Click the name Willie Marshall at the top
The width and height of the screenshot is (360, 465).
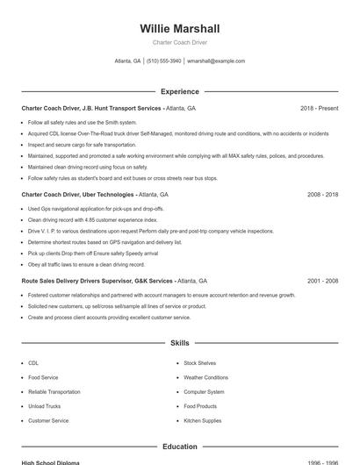[x=179, y=28]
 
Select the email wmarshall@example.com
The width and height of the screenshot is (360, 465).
[x=216, y=61]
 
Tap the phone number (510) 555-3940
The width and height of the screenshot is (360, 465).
[x=164, y=61]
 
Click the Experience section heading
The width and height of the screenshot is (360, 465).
[x=179, y=91]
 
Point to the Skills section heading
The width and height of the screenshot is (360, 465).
[x=179, y=343]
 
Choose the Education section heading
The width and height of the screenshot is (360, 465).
[x=179, y=447]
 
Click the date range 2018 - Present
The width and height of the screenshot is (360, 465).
[x=319, y=108]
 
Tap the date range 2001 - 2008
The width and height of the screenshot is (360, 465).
[x=322, y=281]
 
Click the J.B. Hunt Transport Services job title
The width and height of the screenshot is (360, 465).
[x=108, y=108]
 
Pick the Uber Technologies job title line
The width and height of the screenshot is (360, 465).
[x=95, y=194]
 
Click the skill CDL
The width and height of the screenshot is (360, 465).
[x=33, y=362]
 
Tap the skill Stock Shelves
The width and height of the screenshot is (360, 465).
[x=199, y=362]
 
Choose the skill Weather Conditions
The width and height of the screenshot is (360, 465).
[x=205, y=377]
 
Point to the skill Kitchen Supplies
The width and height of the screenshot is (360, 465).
[x=203, y=420]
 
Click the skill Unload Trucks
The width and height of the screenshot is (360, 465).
[x=44, y=406]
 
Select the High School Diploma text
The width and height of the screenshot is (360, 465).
[x=50, y=462]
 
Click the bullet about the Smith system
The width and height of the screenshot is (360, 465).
[x=83, y=123]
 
